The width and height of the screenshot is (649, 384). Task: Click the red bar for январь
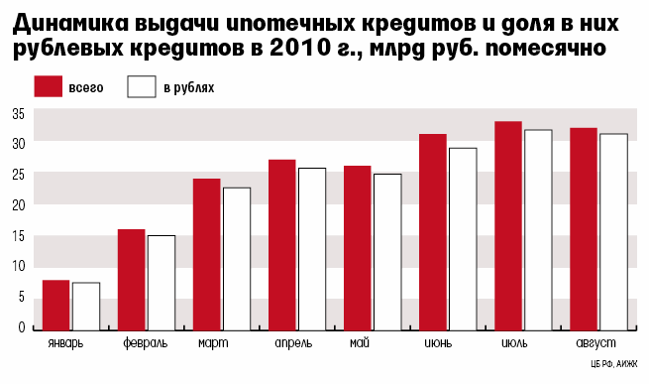click(x=55, y=306)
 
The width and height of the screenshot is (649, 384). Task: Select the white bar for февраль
click(x=162, y=283)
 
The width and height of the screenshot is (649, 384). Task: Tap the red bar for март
click(x=206, y=255)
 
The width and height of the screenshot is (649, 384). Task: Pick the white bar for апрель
click(x=312, y=249)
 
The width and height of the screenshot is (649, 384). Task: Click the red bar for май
click(x=358, y=248)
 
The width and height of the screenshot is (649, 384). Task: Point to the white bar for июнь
click(x=463, y=239)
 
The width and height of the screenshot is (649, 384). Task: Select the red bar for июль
click(x=508, y=226)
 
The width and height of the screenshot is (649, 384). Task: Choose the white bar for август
click(x=613, y=232)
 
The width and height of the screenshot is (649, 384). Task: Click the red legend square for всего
click(x=48, y=86)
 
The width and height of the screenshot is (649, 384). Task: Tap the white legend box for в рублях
click(x=142, y=86)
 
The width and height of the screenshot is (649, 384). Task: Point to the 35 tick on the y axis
click(x=19, y=114)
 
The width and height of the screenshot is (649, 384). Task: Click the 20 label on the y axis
click(x=19, y=204)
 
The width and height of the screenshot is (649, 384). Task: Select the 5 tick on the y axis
click(x=22, y=297)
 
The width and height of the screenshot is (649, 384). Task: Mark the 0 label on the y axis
click(x=22, y=327)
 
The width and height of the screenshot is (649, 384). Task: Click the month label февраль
click(x=146, y=343)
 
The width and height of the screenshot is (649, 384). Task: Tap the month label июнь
click(x=438, y=343)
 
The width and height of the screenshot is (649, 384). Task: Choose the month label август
click(x=596, y=343)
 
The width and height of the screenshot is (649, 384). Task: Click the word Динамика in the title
click(x=70, y=23)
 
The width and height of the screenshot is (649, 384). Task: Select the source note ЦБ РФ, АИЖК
click(x=614, y=364)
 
